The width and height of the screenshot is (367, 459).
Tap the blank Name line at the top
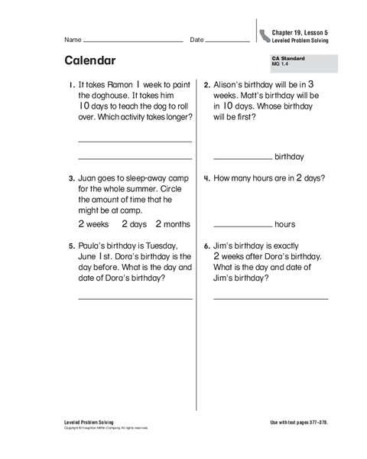(x=133, y=40)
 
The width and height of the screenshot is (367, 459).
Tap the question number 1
(x=71, y=86)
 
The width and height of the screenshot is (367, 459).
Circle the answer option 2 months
(x=172, y=224)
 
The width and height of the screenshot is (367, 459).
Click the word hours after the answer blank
(x=285, y=225)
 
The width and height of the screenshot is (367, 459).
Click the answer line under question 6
(x=271, y=298)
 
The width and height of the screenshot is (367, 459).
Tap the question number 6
(x=206, y=246)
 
